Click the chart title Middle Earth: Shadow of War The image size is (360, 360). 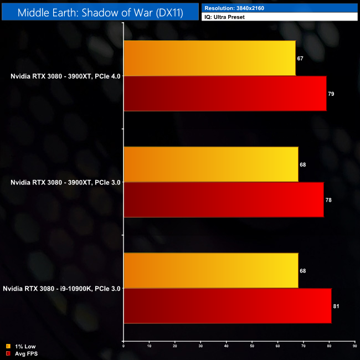[100, 12]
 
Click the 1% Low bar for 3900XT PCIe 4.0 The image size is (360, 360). [209, 58]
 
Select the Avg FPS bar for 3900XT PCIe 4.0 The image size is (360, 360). [225, 94]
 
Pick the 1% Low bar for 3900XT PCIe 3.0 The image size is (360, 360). [210, 164]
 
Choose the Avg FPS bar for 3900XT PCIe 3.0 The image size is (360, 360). [223, 199]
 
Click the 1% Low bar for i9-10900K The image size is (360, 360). [210, 271]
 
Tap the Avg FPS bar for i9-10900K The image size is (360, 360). [227, 306]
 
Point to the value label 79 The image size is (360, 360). [331, 94]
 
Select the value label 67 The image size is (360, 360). [300, 59]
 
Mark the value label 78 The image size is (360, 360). [328, 200]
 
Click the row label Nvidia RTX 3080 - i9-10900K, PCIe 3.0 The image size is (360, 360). [61, 289]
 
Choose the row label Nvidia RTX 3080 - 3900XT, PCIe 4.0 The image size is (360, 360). [65, 76]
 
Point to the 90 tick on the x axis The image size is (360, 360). [354, 346]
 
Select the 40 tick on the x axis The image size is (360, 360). [226, 346]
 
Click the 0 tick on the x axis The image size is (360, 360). [124, 346]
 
